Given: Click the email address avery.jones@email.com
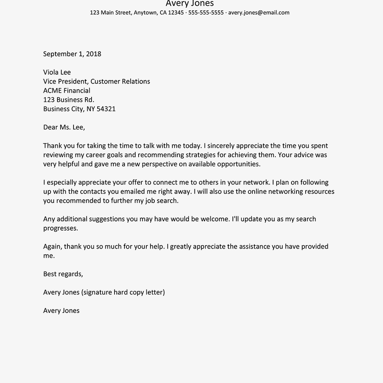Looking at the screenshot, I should (259, 13).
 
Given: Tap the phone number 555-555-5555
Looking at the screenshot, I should (206, 13).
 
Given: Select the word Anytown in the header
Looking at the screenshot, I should (145, 13).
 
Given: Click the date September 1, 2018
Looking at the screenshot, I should (72, 54).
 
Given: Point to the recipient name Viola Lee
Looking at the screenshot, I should (57, 72).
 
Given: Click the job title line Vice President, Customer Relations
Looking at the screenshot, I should (97, 82).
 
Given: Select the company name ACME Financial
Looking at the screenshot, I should (67, 91).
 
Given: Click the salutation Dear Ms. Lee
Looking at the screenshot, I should (64, 128).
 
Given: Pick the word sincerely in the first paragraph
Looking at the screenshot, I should (221, 146).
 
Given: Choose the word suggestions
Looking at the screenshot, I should (107, 219).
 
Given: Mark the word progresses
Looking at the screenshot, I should (61, 228).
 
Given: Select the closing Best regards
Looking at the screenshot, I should (63, 274).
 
